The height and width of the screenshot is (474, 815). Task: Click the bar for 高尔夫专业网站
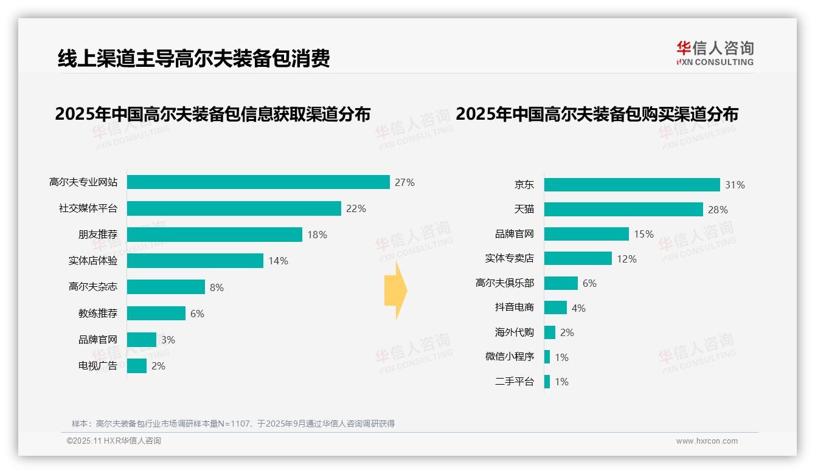(x=258, y=182)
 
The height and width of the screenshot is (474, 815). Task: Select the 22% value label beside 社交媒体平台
(x=356, y=208)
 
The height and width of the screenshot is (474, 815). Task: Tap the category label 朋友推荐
(x=97, y=235)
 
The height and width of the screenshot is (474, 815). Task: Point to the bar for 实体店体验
(x=195, y=261)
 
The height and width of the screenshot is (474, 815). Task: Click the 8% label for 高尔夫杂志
(x=217, y=287)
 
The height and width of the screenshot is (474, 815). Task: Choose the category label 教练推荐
(x=97, y=314)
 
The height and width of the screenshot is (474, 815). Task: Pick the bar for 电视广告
(x=137, y=366)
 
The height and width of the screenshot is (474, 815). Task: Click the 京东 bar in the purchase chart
(x=632, y=185)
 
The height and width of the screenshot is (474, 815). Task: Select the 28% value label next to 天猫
(x=718, y=210)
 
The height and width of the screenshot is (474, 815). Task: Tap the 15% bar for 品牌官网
(x=586, y=234)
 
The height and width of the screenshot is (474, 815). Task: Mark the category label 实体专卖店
(x=509, y=258)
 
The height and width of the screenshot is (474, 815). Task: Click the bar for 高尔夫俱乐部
(x=561, y=283)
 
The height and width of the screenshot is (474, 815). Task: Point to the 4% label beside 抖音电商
(x=578, y=308)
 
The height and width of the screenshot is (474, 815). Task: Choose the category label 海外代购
(x=514, y=332)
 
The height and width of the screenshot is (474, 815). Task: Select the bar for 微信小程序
(x=547, y=357)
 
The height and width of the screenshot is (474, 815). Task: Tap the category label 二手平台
(x=514, y=382)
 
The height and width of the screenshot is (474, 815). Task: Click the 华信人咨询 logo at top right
(x=715, y=53)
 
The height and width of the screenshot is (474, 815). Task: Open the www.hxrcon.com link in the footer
(x=707, y=441)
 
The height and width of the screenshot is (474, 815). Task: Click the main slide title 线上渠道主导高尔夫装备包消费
(x=193, y=59)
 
